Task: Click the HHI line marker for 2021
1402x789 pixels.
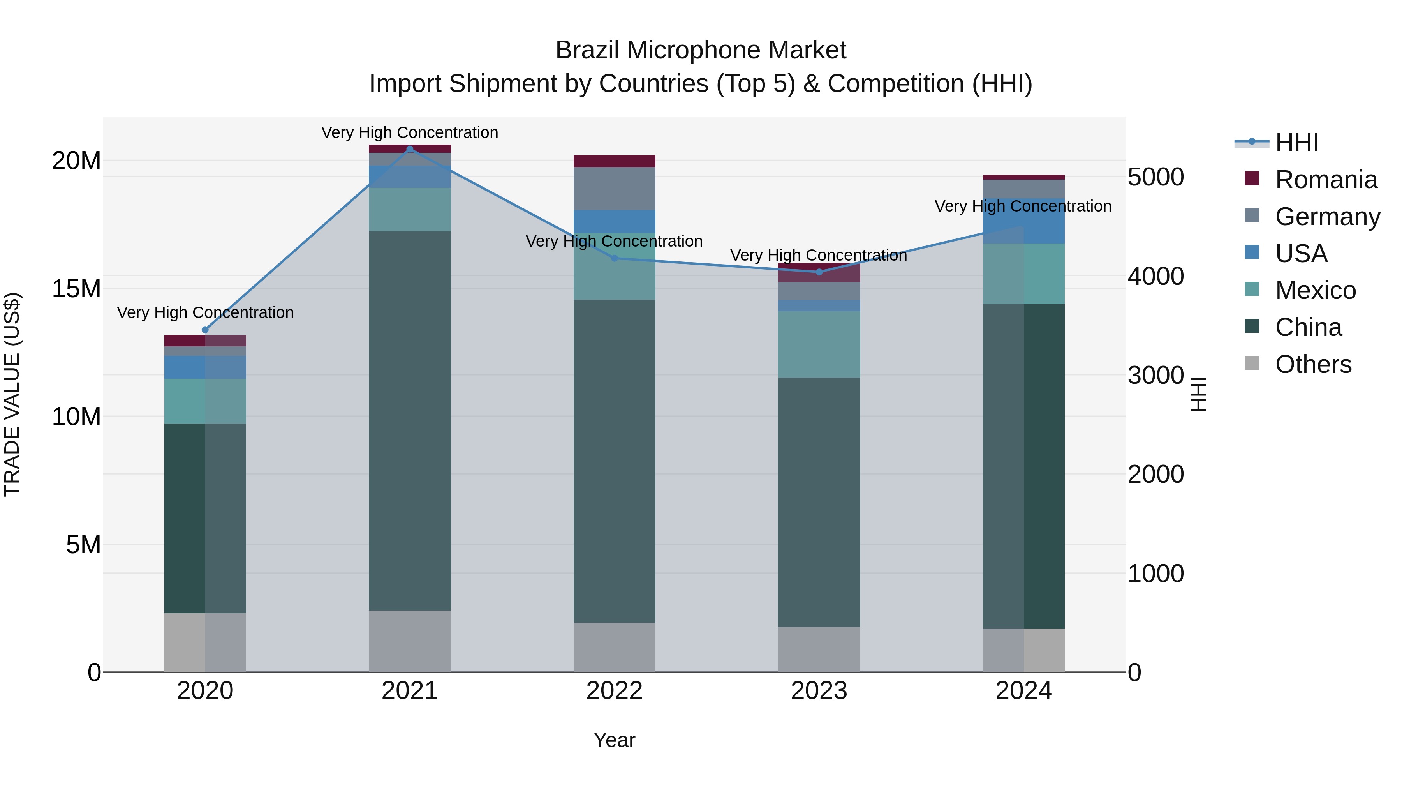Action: pos(410,149)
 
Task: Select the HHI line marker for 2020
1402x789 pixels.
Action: pos(205,329)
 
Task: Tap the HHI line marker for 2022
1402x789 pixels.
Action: pos(615,258)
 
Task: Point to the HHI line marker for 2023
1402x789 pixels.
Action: pos(819,272)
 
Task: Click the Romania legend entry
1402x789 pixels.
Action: pos(1326,180)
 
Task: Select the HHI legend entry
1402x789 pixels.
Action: pos(1296,143)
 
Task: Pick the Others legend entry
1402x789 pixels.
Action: pos(1313,364)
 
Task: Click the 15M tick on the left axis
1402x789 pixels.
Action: pos(76,289)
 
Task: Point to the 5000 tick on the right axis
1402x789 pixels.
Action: pos(1155,177)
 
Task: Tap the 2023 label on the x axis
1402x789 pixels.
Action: pos(819,691)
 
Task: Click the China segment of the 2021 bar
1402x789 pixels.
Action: pos(410,420)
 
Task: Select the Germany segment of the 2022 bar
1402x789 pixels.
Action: pos(615,189)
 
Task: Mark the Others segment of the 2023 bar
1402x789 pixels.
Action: pos(819,649)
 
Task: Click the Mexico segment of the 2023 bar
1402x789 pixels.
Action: pos(819,344)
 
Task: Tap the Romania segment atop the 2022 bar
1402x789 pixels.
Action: pos(615,161)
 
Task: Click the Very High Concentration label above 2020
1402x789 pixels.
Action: pos(205,312)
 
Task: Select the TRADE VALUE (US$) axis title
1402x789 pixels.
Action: pos(12,394)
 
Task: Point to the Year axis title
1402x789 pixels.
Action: pos(615,740)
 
